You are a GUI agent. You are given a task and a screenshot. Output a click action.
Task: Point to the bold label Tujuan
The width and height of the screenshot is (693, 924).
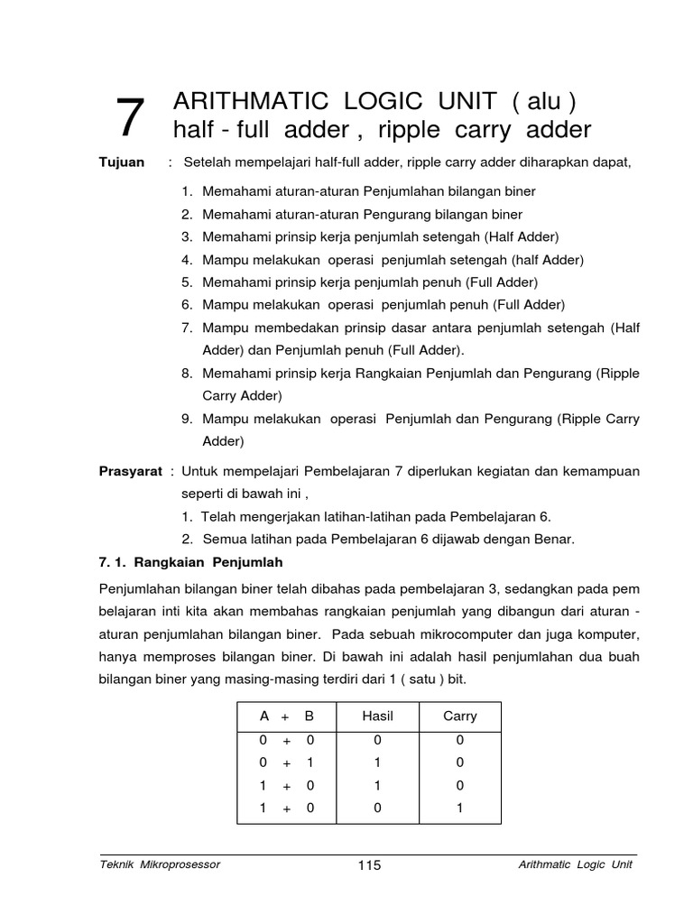[x=121, y=162]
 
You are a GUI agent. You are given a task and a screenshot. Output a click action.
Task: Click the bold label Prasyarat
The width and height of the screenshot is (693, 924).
[x=130, y=471]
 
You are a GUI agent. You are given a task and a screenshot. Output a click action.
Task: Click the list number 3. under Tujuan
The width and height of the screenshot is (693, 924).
[x=187, y=236]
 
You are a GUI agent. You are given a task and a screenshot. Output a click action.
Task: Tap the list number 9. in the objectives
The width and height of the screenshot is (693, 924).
[x=187, y=419]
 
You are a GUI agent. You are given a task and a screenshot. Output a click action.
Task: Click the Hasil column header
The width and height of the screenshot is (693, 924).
[x=377, y=716]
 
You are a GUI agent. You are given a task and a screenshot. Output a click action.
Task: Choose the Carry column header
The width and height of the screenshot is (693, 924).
[x=459, y=716]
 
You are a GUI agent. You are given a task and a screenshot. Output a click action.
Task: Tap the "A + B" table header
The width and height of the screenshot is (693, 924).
[x=286, y=716]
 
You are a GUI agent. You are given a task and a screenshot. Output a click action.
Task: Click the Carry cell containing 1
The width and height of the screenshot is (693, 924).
[x=459, y=808]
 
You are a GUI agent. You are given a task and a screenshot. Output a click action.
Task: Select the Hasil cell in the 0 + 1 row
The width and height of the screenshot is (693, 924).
[x=377, y=762]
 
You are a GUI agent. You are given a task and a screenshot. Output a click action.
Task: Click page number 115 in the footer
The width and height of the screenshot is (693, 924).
[x=369, y=865]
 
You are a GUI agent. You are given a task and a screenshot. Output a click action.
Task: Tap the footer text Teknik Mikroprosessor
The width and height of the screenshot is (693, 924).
[x=160, y=864]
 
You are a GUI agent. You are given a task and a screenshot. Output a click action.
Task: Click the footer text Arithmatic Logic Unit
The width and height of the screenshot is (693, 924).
[x=576, y=864]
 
